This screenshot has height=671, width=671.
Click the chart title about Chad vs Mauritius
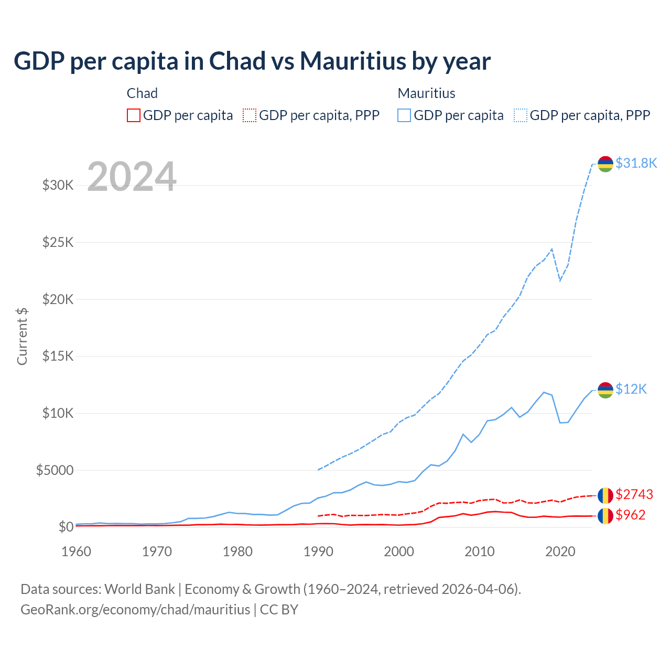pyautogui.click(x=252, y=61)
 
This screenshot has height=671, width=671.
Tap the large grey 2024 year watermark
pyautogui.click(x=132, y=177)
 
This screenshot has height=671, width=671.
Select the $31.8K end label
pyautogui.click(x=636, y=163)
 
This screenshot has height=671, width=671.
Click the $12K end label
pyautogui.click(x=631, y=389)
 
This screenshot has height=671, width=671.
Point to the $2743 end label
pyautogui.click(x=634, y=494)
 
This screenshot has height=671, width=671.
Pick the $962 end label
pyautogui.click(x=630, y=515)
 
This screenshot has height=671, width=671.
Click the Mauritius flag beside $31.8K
pyautogui.click(x=605, y=164)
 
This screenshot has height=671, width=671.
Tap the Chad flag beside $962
pyautogui.click(x=605, y=515)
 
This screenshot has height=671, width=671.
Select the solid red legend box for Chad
pyautogui.click(x=134, y=115)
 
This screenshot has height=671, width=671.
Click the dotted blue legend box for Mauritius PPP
pyautogui.click(x=521, y=115)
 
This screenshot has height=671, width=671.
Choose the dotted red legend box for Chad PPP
pyautogui.click(x=250, y=115)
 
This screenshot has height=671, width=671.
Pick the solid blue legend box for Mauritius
pyautogui.click(x=404, y=115)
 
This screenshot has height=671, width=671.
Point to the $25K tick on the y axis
pyautogui.click(x=58, y=242)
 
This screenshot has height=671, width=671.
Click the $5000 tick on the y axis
pyautogui.click(x=55, y=470)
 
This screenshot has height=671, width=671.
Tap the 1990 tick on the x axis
pyautogui.click(x=318, y=551)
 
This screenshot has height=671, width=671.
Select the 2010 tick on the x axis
pyautogui.click(x=480, y=551)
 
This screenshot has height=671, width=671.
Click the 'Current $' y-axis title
pyautogui.click(x=22, y=337)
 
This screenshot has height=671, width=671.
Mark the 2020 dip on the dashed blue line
pyautogui.click(x=560, y=280)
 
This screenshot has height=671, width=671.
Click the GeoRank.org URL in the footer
pyautogui.click(x=135, y=610)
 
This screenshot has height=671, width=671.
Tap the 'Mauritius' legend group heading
pyautogui.click(x=426, y=93)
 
